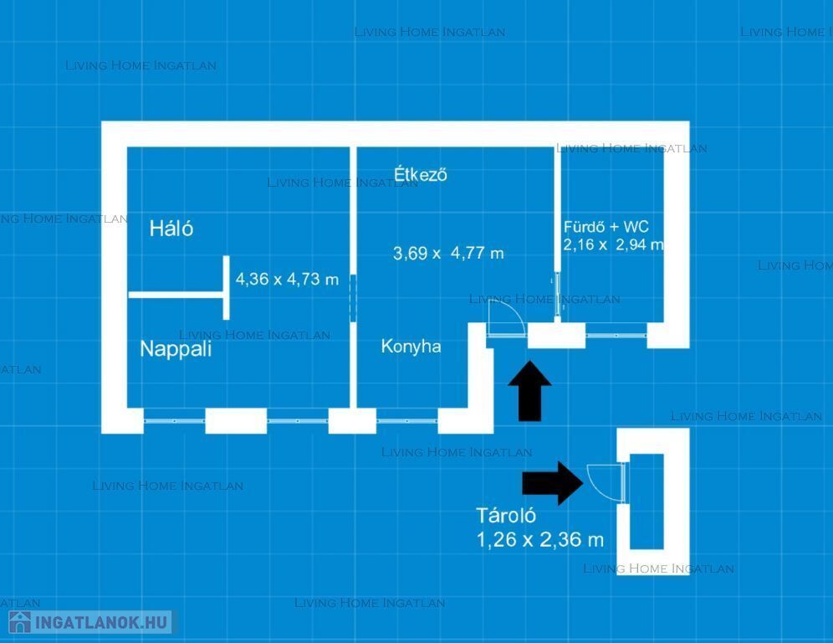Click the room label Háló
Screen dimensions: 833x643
pyautogui.click(x=171, y=229)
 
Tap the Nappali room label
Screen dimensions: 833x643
pyautogui.click(x=176, y=349)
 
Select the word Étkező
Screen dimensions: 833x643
pyautogui.click(x=420, y=174)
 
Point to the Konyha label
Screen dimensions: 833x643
pyautogui.click(x=411, y=347)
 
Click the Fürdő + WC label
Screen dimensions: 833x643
pyautogui.click(x=606, y=227)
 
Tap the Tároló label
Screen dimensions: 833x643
pyautogui.click(x=506, y=516)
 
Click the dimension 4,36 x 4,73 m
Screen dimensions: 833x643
pyautogui.click(x=287, y=279)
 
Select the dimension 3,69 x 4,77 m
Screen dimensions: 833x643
pyautogui.click(x=448, y=253)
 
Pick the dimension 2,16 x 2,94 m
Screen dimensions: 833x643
pyautogui.click(x=614, y=244)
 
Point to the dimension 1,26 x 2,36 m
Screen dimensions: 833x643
pyautogui.click(x=540, y=540)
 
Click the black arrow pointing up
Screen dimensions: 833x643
pyautogui.click(x=529, y=391)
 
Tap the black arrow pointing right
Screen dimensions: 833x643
pyautogui.click(x=553, y=483)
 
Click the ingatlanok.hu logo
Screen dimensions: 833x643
pyautogui.click(x=89, y=622)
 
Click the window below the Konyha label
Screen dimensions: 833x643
pyautogui.click(x=407, y=420)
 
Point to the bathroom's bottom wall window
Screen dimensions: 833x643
pyautogui.click(x=616, y=336)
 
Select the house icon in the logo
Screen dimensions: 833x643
pyautogui.click(x=20, y=622)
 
